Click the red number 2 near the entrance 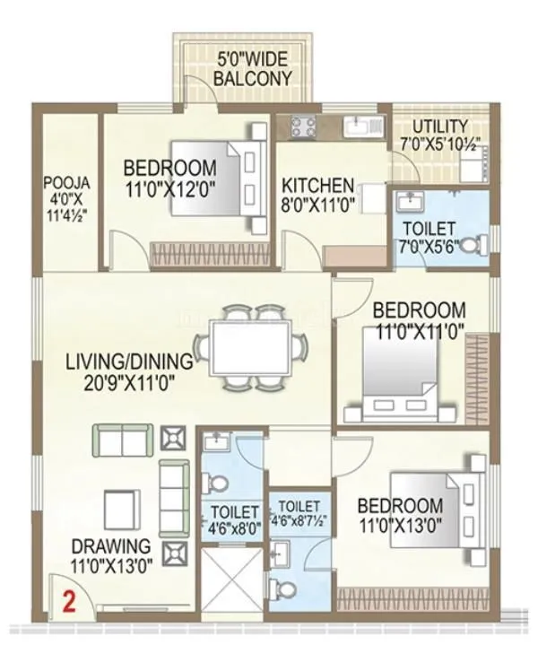point(67,599)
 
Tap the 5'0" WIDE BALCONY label point(253,69)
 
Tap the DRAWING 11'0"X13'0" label point(112,554)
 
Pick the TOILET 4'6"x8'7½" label point(299,510)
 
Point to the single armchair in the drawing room point(120,509)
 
